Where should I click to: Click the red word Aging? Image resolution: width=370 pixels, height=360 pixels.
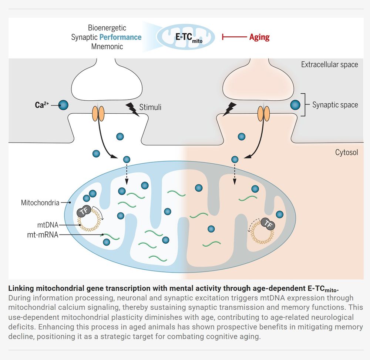tap(259, 37)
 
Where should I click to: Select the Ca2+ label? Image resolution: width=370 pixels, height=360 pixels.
tap(40, 105)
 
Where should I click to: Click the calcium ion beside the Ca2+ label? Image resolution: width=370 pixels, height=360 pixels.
tap(63, 105)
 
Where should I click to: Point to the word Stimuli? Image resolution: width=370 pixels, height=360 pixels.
tap(150, 108)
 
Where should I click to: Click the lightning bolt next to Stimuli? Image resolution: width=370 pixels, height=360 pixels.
tap(132, 109)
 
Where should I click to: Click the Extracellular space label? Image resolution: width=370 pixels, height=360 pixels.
tap(329, 65)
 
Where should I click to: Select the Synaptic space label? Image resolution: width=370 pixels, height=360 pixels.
tap(335, 105)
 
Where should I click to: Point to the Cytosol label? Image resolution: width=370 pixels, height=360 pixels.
tap(346, 152)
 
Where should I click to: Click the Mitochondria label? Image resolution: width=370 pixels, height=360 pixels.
tap(40, 203)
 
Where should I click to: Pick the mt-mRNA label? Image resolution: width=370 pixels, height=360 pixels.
tap(42, 235)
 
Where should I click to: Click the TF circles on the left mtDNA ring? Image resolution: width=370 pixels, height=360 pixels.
tap(84, 211)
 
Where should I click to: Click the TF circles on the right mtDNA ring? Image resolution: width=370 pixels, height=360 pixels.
tap(268, 224)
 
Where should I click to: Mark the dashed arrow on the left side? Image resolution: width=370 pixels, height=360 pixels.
tap(127, 174)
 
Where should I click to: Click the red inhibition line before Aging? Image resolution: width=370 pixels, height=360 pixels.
tap(234, 37)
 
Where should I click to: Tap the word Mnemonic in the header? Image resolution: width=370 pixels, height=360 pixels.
tap(107, 47)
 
